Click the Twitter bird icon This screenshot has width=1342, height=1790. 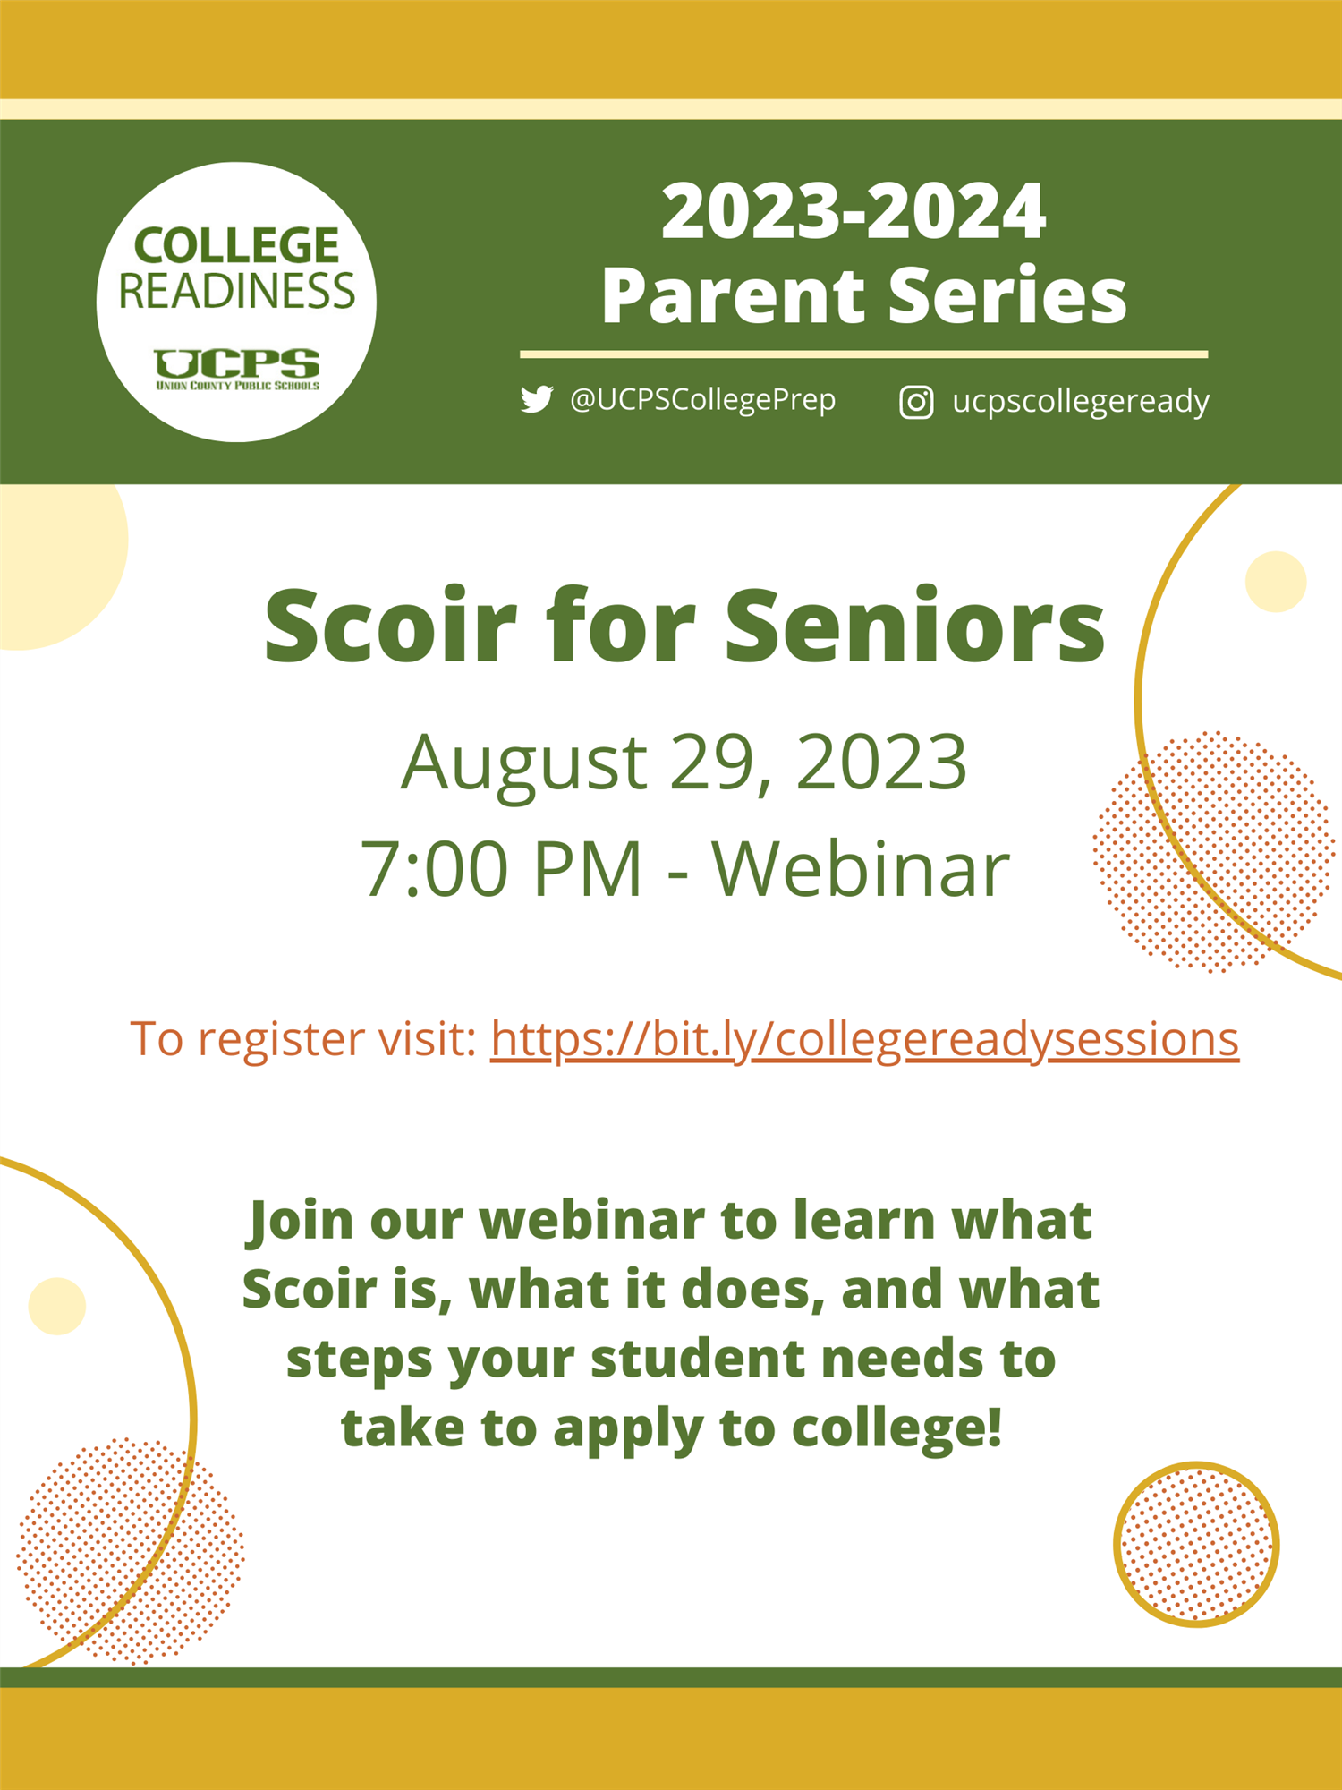(537, 399)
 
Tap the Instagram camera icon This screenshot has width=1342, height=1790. (916, 402)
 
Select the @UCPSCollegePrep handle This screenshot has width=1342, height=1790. (703, 399)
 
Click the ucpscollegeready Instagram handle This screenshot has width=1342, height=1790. (1081, 402)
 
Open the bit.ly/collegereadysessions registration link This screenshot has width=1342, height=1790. (864, 1040)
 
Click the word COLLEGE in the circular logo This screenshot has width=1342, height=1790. (237, 245)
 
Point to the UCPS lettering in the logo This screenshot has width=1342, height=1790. (237, 363)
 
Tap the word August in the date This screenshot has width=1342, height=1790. (524, 763)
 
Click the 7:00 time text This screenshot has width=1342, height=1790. (437, 869)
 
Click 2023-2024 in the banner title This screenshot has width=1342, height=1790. (854, 211)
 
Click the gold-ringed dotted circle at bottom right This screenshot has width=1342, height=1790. (1197, 1544)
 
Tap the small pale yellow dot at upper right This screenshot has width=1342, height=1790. (1276, 582)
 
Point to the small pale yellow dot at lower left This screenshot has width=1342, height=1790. (57, 1306)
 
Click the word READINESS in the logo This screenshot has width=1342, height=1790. (237, 291)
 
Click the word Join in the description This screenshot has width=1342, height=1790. (301, 1221)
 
